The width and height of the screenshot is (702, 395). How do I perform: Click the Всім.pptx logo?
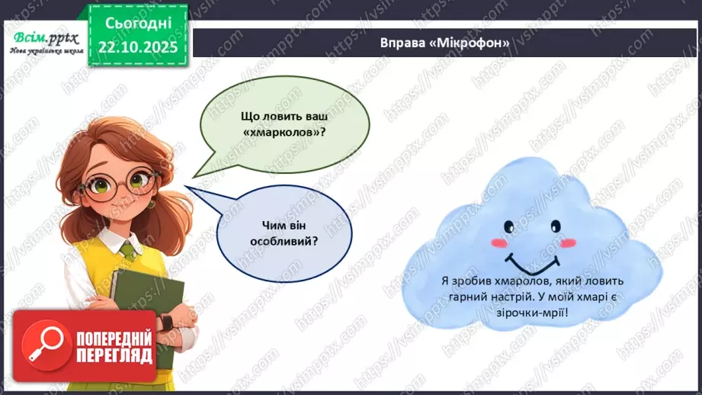click(41, 42)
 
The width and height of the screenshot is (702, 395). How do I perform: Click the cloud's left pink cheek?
click(498, 243)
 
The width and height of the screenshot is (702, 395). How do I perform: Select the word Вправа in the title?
click(403, 43)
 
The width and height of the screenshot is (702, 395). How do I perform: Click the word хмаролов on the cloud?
click(511, 280)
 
